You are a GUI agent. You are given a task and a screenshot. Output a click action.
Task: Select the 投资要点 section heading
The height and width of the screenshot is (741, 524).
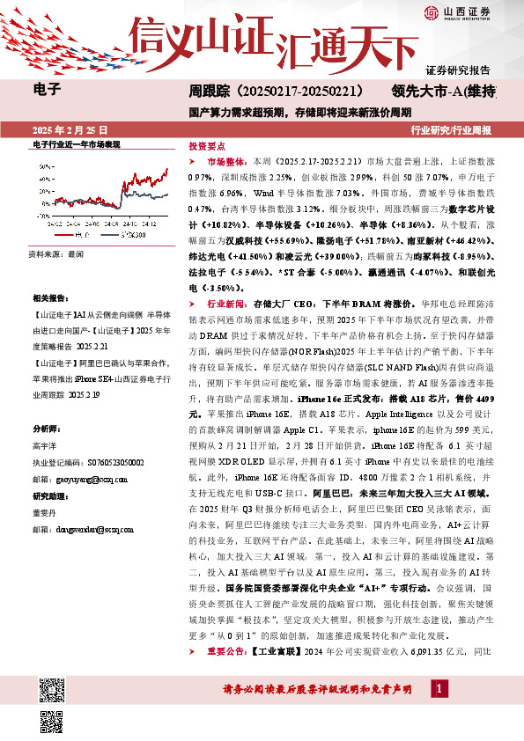coord(208,146)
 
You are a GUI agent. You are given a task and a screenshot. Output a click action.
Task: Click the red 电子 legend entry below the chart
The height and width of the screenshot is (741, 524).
coord(77,236)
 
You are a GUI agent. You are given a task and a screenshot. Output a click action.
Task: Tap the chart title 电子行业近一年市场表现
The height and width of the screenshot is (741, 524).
coord(76,143)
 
